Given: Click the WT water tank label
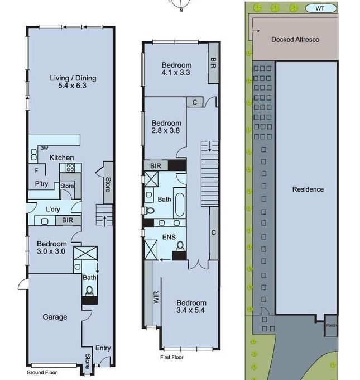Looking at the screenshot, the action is (x=320, y=8).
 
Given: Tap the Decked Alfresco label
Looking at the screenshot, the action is (x=295, y=40).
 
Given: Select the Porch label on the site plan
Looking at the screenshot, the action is (x=331, y=325).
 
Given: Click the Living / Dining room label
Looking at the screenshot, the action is (x=73, y=78).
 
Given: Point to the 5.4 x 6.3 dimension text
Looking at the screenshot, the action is (x=72, y=85).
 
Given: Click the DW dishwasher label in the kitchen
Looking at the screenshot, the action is (x=44, y=148).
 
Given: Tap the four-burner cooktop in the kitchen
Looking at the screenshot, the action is (x=70, y=168).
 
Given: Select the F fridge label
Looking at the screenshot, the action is (x=36, y=171).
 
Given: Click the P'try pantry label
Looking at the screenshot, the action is (x=41, y=184).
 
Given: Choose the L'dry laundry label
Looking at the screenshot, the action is (x=53, y=209).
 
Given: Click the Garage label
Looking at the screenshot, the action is (x=55, y=317).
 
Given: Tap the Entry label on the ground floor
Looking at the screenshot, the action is (x=103, y=348).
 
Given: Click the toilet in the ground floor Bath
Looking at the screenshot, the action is (x=89, y=291).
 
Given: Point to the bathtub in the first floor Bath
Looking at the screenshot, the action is (x=179, y=205).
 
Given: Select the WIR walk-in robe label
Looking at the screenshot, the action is (x=156, y=297).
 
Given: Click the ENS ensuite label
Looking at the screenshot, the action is (x=169, y=237).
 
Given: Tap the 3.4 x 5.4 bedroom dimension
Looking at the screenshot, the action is (x=190, y=310).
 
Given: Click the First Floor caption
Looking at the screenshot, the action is (x=172, y=357).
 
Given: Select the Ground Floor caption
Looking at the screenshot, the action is (x=42, y=373).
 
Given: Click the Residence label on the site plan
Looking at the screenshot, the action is (x=308, y=189).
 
